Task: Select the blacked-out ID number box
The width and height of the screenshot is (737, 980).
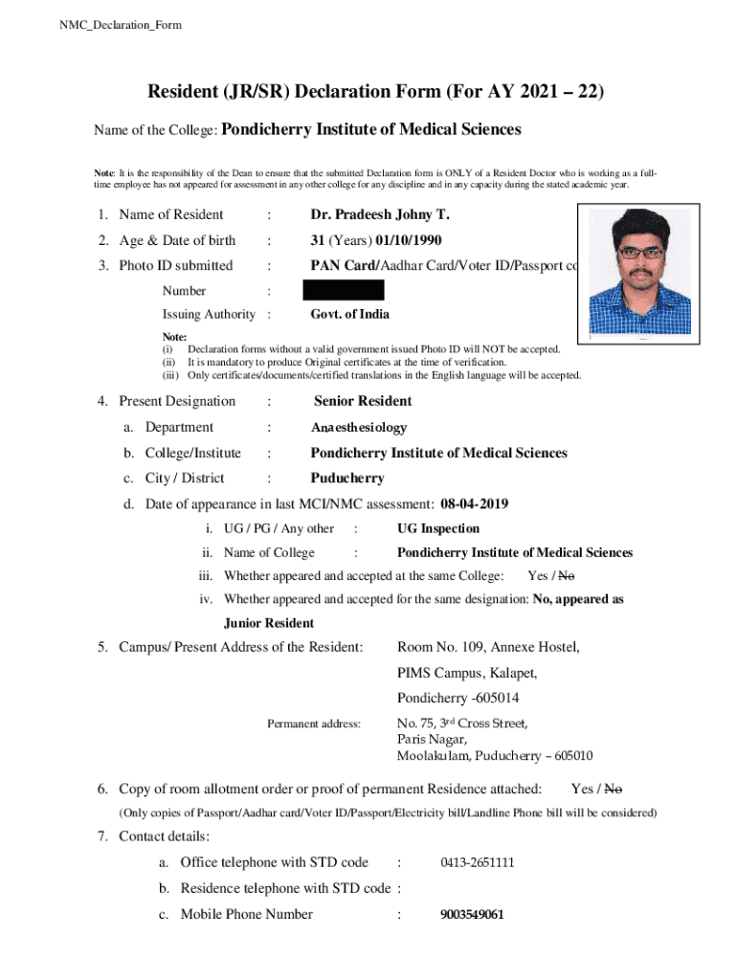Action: [x=344, y=290]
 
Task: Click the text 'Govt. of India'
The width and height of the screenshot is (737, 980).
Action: [x=349, y=314]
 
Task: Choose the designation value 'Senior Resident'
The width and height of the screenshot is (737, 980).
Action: [x=363, y=401]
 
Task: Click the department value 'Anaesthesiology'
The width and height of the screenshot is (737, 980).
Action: [x=359, y=428]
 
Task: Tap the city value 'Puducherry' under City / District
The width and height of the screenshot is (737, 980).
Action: [x=347, y=478]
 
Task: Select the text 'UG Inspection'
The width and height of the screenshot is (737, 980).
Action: [x=438, y=528]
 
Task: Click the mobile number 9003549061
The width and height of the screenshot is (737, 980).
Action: [x=472, y=914]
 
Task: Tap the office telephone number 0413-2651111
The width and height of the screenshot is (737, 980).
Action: [x=478, y=862]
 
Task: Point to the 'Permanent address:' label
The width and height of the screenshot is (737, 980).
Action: [x=313, y=724]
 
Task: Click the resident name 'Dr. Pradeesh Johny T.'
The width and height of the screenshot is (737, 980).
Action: [x=380, y=214]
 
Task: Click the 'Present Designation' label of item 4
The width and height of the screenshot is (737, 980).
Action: [x=176, y=401]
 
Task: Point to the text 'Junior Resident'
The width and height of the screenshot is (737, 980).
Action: [x=269, y=623]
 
